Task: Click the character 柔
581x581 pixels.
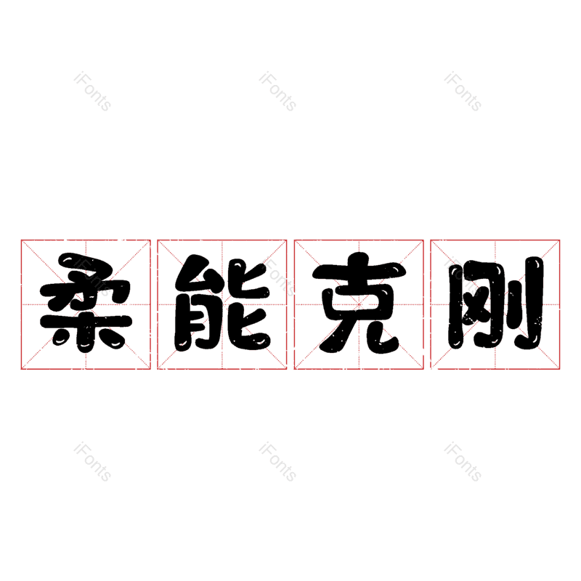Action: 85,304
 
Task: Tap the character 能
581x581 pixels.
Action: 222,304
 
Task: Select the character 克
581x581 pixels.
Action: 358,304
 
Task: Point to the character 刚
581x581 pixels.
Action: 495,304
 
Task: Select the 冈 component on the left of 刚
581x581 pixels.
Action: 472,305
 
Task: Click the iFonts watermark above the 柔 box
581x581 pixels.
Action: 92,92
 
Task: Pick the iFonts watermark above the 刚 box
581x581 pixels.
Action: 463,92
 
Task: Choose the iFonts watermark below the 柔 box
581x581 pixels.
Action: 92,462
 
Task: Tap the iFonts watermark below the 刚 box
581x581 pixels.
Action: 463,462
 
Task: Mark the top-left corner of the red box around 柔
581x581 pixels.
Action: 21,240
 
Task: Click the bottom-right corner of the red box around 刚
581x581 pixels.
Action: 560,369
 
